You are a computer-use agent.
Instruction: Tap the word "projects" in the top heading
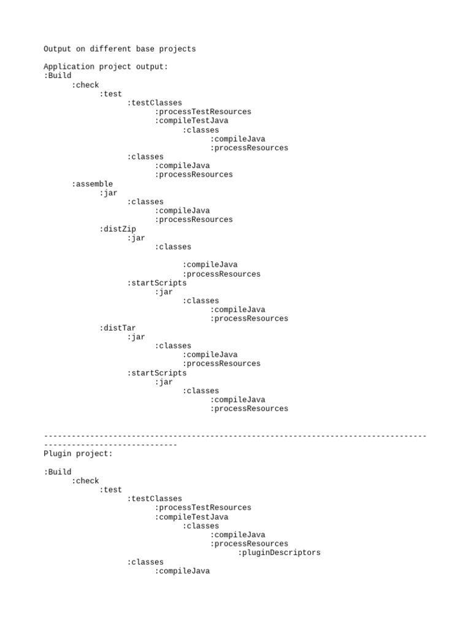point(177,49)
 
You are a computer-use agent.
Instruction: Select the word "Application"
point(69,67)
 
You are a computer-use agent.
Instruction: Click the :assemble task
point(92,184)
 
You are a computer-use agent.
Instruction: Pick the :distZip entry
point(118,229)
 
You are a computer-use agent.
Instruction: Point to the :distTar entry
point(118,328)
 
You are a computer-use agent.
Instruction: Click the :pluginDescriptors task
point(279,553)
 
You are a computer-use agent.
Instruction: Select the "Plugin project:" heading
point(78,454)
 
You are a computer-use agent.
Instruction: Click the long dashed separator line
point(235,436)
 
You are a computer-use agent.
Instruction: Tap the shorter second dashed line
point(110,445)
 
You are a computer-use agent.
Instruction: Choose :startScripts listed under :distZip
point(157,283)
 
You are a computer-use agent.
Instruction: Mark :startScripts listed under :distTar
point(157,373)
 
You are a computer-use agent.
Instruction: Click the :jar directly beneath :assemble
point(109,193)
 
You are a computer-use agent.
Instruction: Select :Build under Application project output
point(58,76)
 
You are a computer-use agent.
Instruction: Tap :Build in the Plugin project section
point(58,472)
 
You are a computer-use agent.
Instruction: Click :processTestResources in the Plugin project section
point(203,508)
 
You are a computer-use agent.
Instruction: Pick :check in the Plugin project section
point(85,481)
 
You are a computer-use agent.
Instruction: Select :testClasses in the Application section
point(155,103)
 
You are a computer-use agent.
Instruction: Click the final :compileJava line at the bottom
point(182,571)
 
